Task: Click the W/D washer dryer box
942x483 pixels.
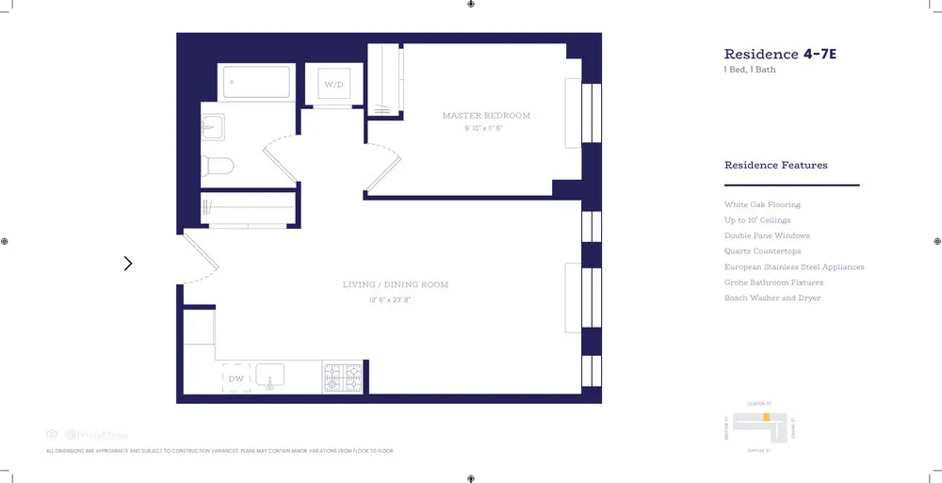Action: coord(333,85)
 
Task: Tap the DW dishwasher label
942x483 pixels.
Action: coord(235,378)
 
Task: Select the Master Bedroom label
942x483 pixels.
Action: coord(486,116)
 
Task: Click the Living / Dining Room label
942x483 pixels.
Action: coord(395,284)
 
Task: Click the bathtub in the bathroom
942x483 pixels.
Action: coord(256,82)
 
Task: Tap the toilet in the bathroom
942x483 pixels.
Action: coord(218,167)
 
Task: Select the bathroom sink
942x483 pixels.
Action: coord(212,125)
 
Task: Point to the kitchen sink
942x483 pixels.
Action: coord(270,377)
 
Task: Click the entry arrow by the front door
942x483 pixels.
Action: coord(128,264)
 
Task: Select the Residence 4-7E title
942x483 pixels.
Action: coord(780,55)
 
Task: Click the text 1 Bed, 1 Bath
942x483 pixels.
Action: coord(750,70)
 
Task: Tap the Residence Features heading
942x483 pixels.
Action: coord(775,166)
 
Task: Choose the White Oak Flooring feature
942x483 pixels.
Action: coord(762,204)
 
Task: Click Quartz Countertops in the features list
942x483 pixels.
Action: coord(762,251)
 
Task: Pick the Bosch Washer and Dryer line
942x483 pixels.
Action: coord(771,298)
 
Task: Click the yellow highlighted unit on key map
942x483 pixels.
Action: coord(767,415)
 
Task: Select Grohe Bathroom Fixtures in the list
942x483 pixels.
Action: coord(773,282)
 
